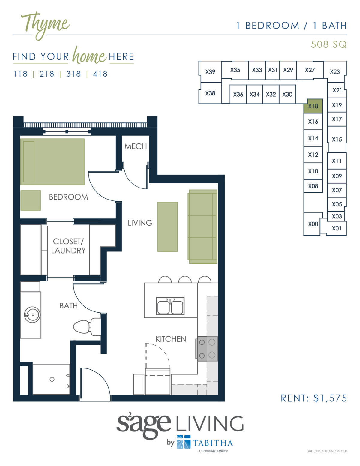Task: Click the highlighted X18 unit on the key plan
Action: click(313, 106)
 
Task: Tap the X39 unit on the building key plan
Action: click(210, 72)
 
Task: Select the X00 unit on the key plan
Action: click(313, 224)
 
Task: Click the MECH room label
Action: click(136, 146)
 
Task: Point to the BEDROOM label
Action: click(68, 197)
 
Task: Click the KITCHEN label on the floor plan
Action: click(171, 339)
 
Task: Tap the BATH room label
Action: click(68, 306)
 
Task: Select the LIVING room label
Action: click(140, 223)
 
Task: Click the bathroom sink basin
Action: click(32, 315)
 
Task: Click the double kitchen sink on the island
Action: click(170, 306)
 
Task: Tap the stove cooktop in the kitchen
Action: click(207, 349)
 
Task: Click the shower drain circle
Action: click(52, 379)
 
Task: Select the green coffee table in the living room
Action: click(167, 227)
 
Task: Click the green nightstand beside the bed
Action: click(30, 200)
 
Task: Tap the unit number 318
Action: click(73, 74)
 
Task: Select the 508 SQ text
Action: click(328, 44)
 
